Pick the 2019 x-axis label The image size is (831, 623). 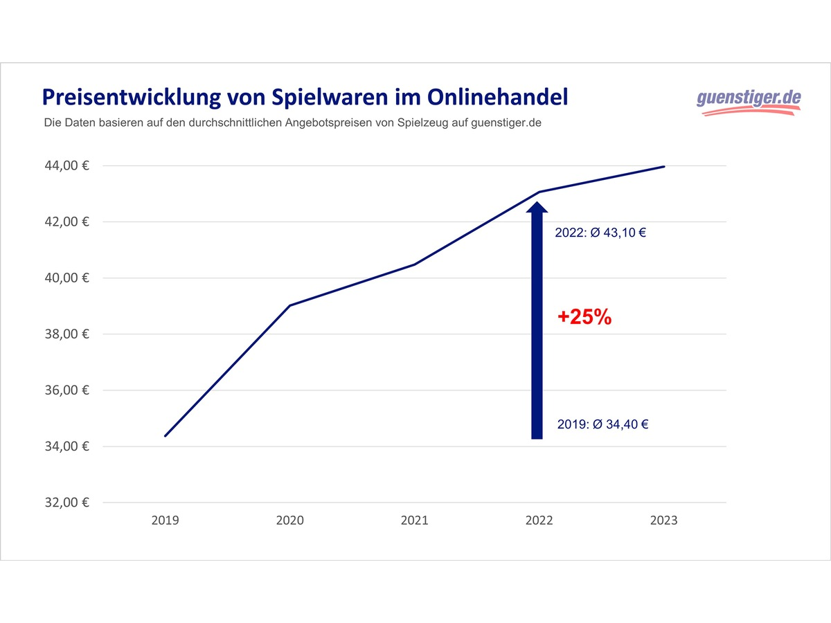165,521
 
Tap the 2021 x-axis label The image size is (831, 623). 414,521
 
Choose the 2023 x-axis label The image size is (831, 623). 663,521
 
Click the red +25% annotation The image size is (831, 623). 584,318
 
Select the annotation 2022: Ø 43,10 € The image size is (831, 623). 600,233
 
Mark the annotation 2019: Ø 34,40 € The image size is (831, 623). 602,424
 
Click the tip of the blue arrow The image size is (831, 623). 537,202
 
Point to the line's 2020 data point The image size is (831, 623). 289,305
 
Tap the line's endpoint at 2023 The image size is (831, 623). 664,167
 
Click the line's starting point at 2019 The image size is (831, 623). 165,436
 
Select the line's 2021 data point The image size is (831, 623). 414,264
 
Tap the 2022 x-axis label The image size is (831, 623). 539,521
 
